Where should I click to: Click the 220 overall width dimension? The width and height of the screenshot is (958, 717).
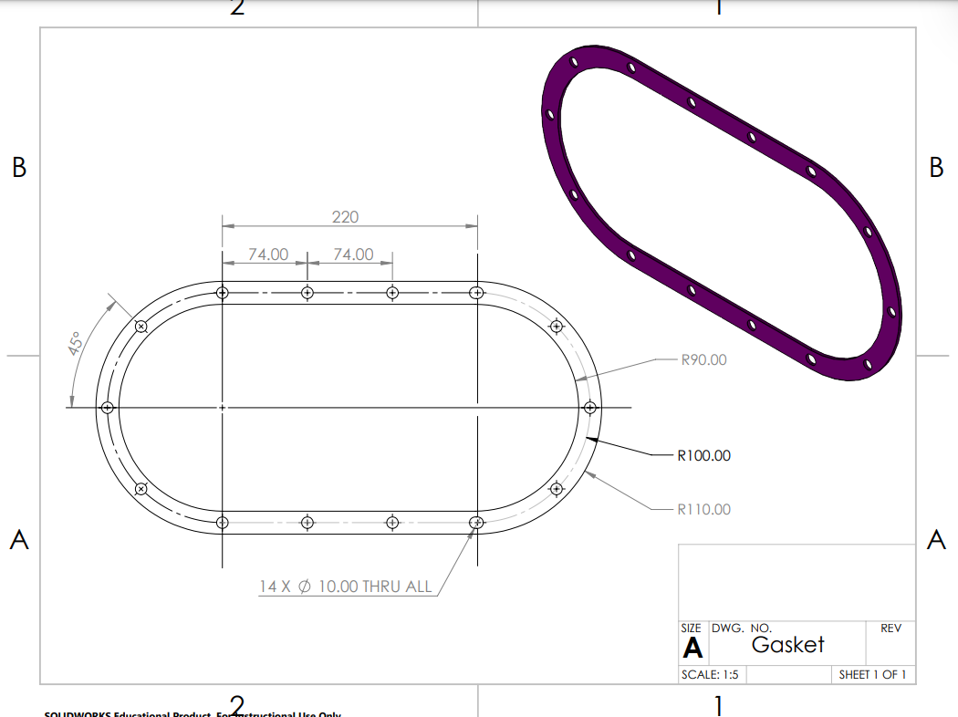345,217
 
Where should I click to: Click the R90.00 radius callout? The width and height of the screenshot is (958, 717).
703,359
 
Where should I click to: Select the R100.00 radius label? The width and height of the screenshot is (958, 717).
703,455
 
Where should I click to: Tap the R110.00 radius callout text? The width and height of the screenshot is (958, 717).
703,509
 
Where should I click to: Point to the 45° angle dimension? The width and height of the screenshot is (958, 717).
77,343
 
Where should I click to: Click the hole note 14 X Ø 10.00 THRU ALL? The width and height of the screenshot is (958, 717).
345,587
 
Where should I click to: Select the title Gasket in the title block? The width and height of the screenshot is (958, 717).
787,645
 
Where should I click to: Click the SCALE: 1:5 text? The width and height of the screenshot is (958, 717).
710,675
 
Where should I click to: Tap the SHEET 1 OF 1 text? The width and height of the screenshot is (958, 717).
872,675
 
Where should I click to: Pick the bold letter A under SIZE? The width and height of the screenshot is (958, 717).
693,648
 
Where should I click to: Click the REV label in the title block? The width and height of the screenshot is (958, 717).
890,629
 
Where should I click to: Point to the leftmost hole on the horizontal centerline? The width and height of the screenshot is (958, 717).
108,408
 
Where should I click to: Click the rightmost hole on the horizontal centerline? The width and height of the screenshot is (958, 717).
590,408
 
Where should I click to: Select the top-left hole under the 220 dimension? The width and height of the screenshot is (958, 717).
223,293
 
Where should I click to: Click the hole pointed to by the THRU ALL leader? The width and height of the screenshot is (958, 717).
476,522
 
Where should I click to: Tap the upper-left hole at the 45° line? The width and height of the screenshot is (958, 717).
141,327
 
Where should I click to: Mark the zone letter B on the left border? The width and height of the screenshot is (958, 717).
19,168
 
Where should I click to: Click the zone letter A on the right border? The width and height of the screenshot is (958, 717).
936,540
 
